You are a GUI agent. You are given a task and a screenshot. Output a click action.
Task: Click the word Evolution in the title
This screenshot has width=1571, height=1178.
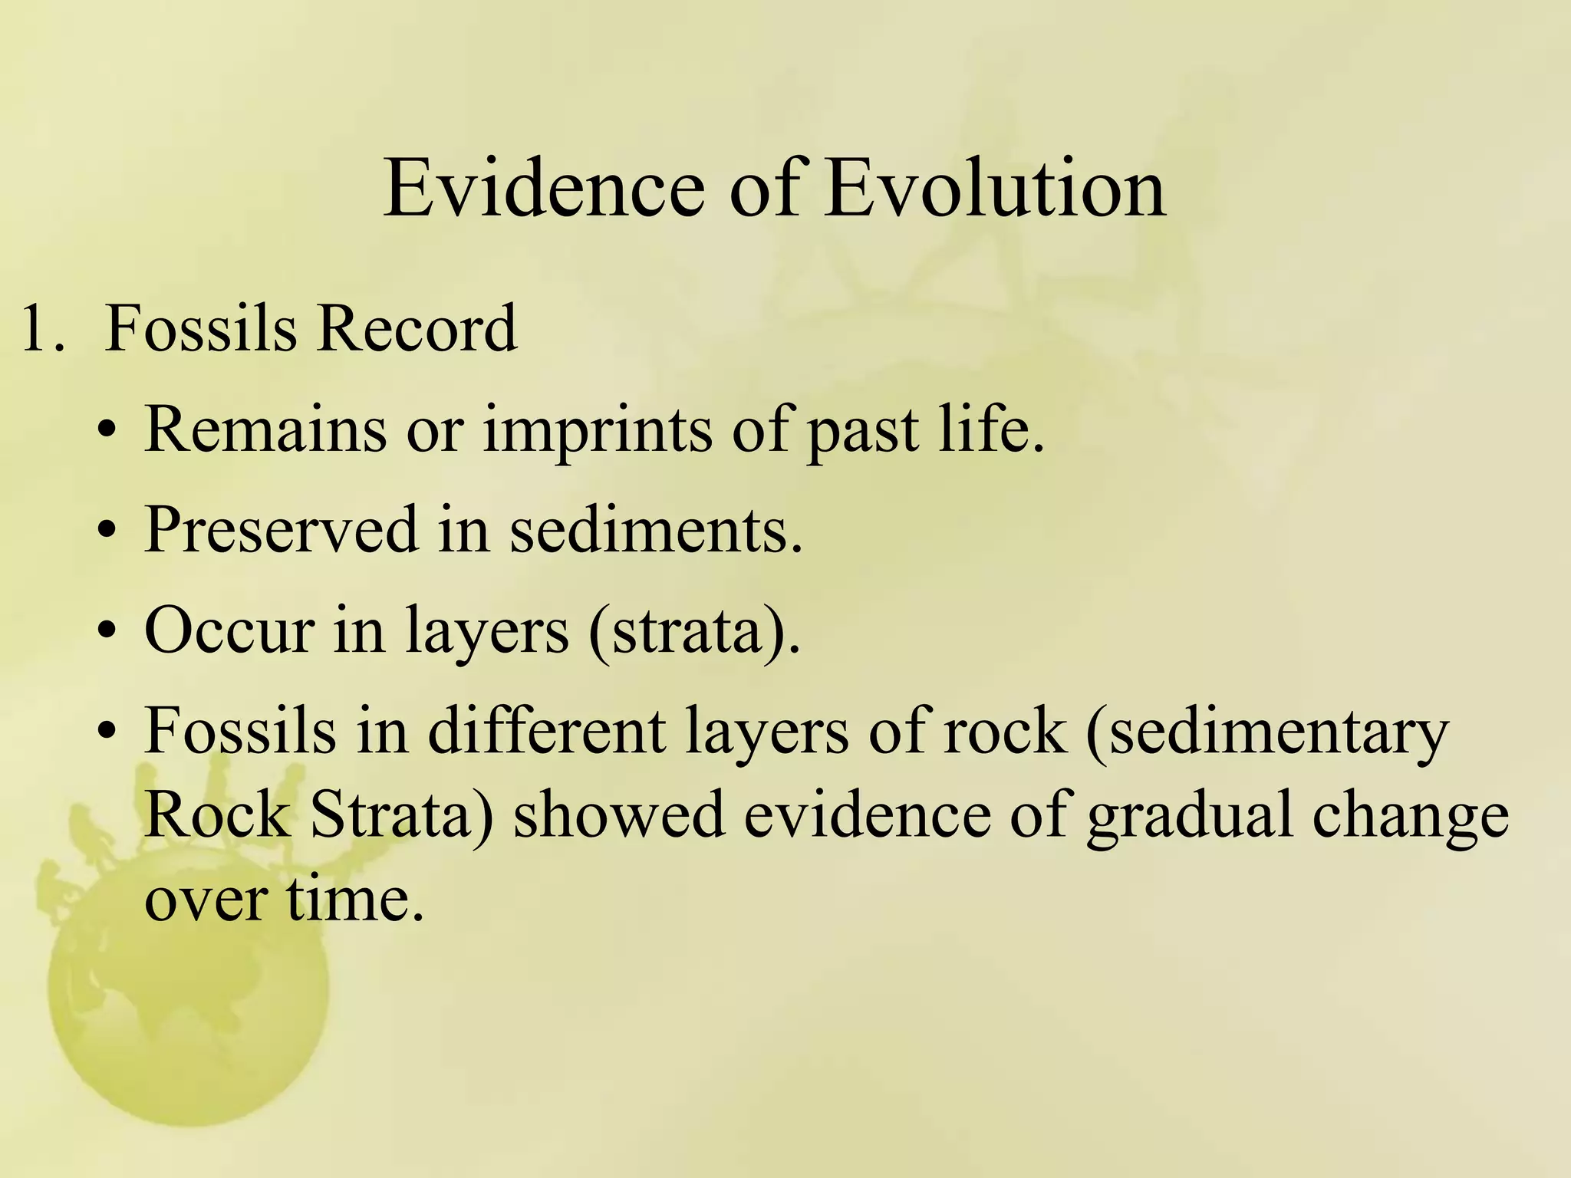tap(996, 188)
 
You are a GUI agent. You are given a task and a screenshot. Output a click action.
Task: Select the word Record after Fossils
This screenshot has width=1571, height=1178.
tap(417, 329)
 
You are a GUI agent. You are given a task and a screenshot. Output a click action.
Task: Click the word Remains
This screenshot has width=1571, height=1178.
tap(265, 429)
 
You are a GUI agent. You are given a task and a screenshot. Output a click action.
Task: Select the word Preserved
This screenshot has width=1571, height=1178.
tap(281, 530)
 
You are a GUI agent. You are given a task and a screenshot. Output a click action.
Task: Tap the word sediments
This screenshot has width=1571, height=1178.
tap(655, 530)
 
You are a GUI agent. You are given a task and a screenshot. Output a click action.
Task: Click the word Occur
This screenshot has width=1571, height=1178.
tap(229, 631)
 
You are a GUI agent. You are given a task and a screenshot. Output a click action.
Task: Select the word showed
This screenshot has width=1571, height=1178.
tap(618, 815)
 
